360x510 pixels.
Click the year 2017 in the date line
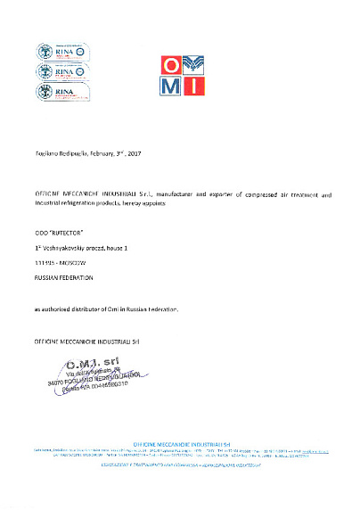134,154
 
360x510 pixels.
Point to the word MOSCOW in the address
69,261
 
